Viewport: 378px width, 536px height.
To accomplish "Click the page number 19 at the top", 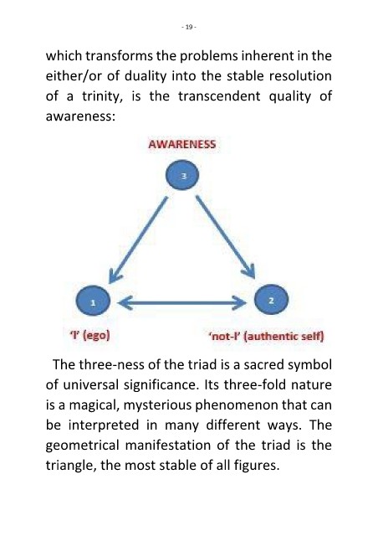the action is pos(189,27).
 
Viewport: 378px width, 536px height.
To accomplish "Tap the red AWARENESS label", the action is pos(182,144).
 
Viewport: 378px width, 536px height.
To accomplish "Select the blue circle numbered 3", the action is pos(182,175).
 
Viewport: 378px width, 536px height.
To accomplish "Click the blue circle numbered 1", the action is pos(93,301).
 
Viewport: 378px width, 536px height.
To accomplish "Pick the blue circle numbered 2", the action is pos(272,300).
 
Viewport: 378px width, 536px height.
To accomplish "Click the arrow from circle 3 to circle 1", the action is pos(138,240).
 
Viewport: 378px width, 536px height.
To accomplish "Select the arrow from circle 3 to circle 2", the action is pos(226,237).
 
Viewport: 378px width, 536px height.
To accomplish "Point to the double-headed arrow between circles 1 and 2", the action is pos(182,302).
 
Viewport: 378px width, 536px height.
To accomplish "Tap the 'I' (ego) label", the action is pos(89,335).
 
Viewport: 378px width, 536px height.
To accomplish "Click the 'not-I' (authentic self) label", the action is pos(266,337).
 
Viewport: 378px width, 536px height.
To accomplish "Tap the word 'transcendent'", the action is pos(219,96).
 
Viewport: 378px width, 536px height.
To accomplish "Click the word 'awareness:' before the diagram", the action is pos(79,116).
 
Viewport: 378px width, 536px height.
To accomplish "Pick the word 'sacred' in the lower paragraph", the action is pos(264,365).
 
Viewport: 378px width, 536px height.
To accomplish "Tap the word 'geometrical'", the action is pos(82,446).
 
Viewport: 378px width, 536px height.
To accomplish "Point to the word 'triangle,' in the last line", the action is pos(71,466).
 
